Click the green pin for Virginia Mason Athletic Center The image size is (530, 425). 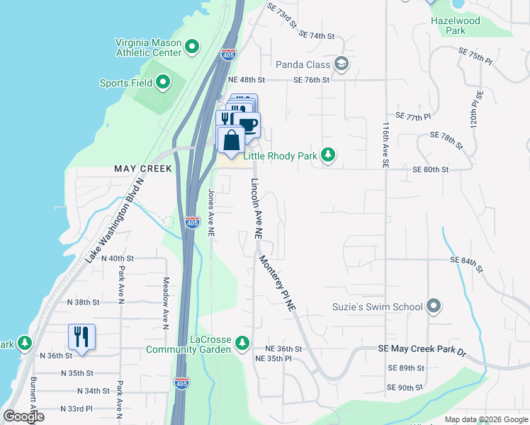(192, 48)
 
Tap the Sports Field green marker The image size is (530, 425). (163, 83)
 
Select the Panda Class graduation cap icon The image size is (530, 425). (342, 64)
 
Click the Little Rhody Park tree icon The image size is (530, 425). (327, 154)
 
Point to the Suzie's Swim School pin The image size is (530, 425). (434, 307)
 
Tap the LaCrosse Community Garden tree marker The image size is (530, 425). (242, 343)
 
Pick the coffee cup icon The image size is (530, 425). (248, 125)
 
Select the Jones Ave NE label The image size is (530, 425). (210, 212)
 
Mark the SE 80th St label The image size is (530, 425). (431, 170)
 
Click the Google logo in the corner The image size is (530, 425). (23, 416)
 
